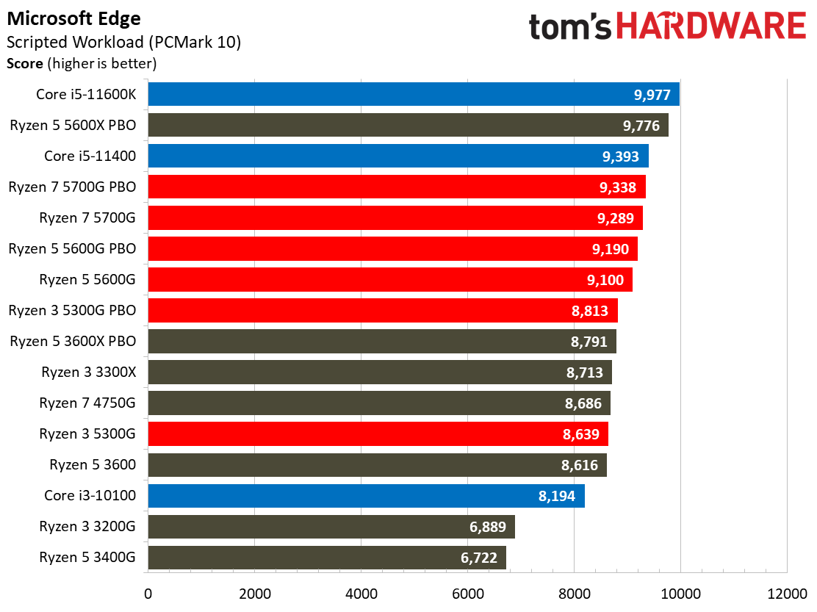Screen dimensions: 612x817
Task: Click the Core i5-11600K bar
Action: [414, 94]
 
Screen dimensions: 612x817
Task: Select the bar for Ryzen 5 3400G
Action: [327, 558]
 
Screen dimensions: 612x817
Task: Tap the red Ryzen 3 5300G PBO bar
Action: [383, 311]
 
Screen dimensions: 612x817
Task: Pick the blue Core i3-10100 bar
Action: [366, 496]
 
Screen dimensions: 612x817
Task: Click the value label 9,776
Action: [641, 125]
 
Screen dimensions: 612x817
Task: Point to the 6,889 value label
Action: [488, 527]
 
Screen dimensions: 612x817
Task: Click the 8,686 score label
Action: [583, 403]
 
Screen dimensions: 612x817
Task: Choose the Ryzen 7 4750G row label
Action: [88, 403]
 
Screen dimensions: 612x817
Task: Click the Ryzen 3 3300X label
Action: [89, 372]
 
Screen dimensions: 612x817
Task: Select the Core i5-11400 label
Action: [90, 156]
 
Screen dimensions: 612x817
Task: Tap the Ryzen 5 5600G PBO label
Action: [73, 248]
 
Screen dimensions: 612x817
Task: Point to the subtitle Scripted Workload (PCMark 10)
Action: [123, 43]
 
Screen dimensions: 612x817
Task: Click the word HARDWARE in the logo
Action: [711, 26]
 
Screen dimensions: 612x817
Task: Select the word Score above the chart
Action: [25, 64]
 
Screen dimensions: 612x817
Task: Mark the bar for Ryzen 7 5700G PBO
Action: [397, 187]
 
